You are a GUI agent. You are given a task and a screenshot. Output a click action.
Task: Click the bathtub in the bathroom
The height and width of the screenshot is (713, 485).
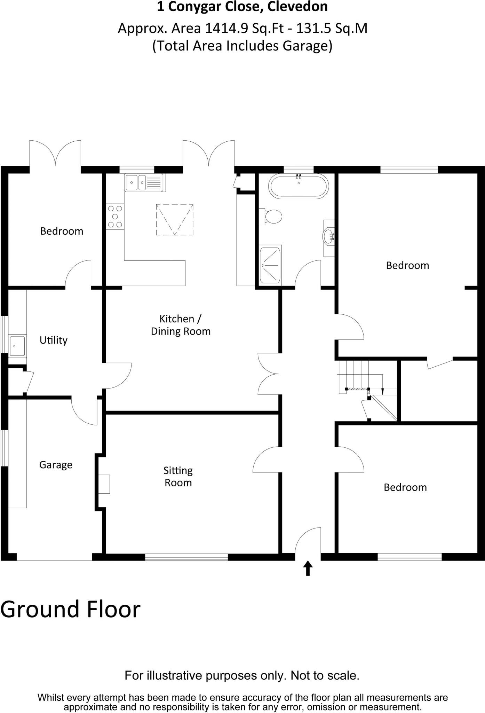pos(298,187)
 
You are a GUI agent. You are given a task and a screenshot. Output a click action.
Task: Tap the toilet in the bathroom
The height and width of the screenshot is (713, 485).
pos(272,217)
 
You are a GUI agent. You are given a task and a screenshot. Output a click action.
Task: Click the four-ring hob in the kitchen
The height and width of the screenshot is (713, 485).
pos(115,217)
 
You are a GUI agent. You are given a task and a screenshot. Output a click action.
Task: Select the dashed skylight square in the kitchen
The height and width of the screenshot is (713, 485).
pos(174,220)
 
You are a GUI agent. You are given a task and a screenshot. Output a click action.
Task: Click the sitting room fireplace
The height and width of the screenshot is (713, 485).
pos(104,484)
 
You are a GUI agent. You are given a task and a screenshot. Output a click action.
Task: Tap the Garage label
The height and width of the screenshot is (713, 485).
pos(56,465)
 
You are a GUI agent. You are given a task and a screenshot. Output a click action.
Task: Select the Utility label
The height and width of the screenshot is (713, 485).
pos(53,340)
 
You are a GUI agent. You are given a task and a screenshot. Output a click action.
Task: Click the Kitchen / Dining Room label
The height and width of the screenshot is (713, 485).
pos(181,325)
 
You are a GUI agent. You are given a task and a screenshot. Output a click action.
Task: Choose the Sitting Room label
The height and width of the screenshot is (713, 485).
pos(178,477)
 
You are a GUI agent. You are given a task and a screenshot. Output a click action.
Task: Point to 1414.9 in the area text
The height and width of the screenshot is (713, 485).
pos(226,28)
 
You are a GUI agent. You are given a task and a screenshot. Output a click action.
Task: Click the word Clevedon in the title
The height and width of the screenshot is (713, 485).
pos(297,7)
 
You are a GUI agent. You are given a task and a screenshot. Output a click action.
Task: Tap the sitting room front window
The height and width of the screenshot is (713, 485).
pos(186,557)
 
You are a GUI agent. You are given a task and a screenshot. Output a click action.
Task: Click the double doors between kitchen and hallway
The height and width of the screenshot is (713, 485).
pos(269,374)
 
